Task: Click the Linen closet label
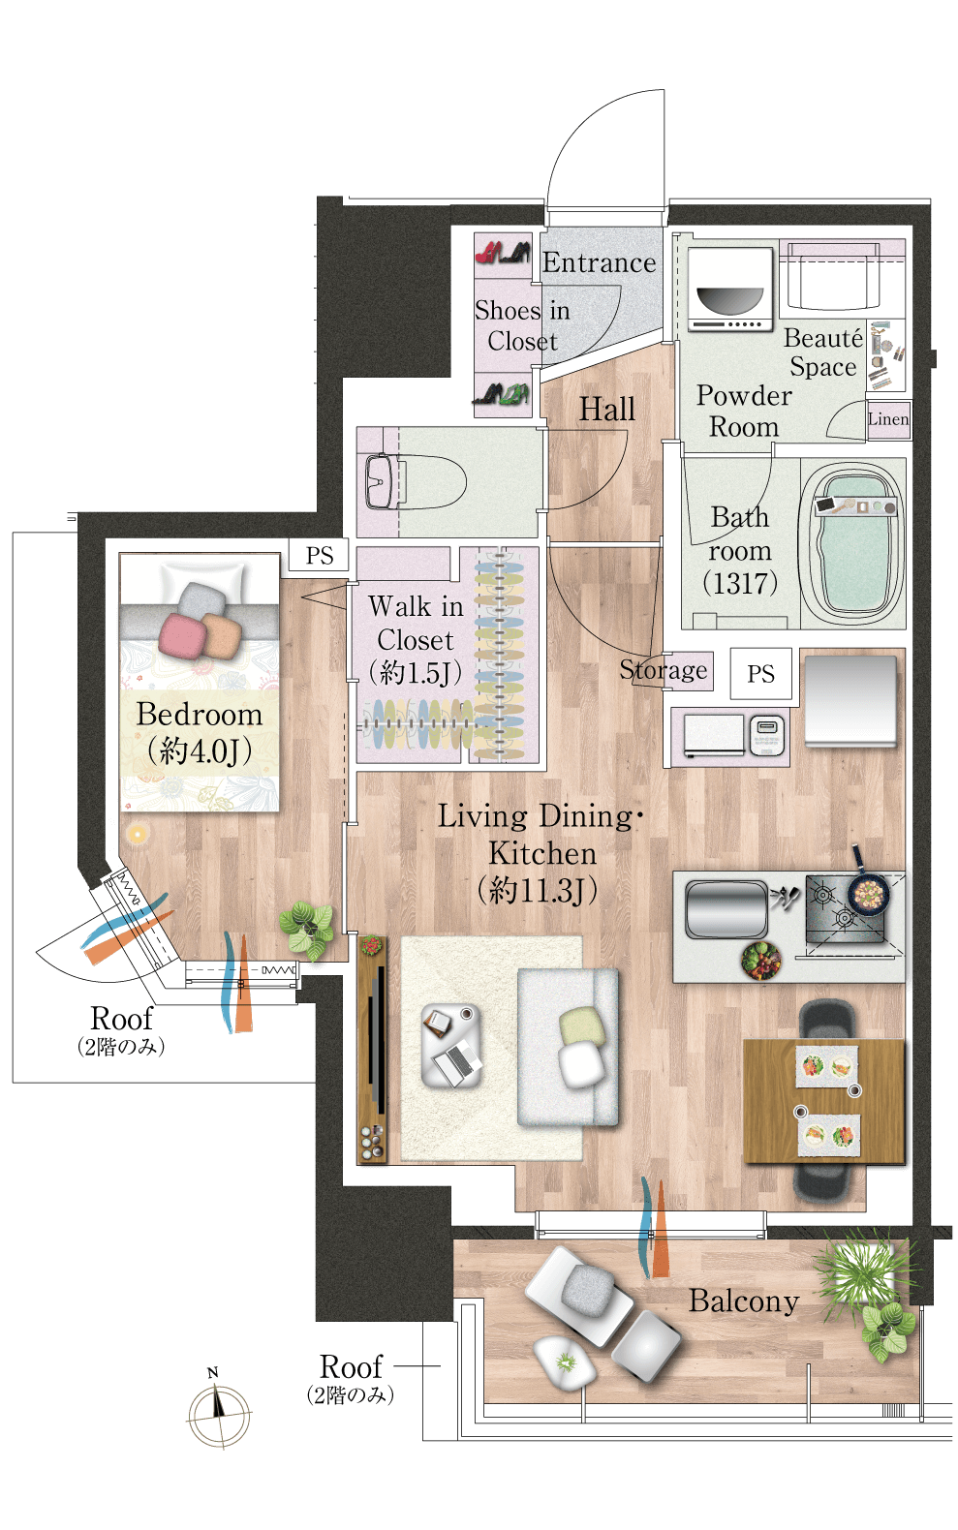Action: (x=888, y=418)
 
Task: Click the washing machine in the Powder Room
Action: (x=729, y=289)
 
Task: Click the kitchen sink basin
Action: (x=726, y=909)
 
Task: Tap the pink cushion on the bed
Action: (x=182, y=635)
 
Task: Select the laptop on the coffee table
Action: (x=456, y=1063)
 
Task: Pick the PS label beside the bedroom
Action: (x=320, y=555)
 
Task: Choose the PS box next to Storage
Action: (x=760, y=673)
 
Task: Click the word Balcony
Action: (x=743, y=1301)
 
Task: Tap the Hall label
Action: (x=606, y=410)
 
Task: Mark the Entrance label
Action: (x=600, y=262)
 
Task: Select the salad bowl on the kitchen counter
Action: (x=760, y=961)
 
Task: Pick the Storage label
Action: (x=663, y=670)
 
